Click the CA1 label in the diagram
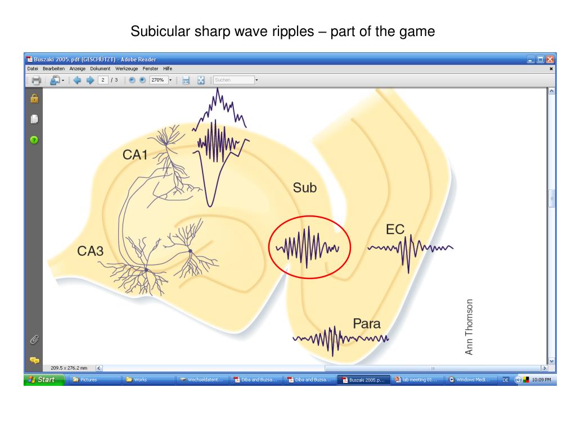135,154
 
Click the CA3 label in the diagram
91,251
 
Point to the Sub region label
304,188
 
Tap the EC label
395,229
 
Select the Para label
366,324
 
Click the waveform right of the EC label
411,247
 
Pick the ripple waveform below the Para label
340,339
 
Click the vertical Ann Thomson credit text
470,327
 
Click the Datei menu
33,68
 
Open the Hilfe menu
168,68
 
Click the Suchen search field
233,80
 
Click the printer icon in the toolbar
36,80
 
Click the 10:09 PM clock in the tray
541,380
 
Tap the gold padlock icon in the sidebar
34,98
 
